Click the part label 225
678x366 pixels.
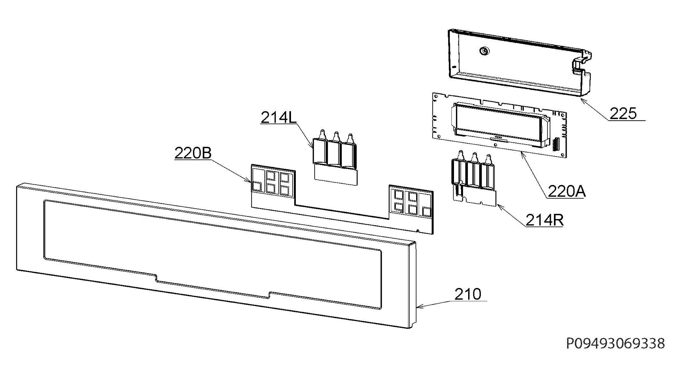pyautogui.click(x=623, y=113)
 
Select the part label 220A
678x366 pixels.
pyautogui.click(x=567, y=191)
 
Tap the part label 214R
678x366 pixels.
pyautogui.click(x=544, y=220)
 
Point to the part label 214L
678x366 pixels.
pyautogui.click(x=279, y=117)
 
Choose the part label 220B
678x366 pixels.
pyautogui.click(x=193, y=153)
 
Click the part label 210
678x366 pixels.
pyautogui.click(x=468, y=294)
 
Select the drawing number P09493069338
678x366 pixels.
pyautogui.click(x=616, y=343)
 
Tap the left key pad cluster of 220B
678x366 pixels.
pyautogui.click(x=273, y=182)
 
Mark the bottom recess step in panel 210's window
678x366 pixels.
pyautogui.click(x=212, y=289)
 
